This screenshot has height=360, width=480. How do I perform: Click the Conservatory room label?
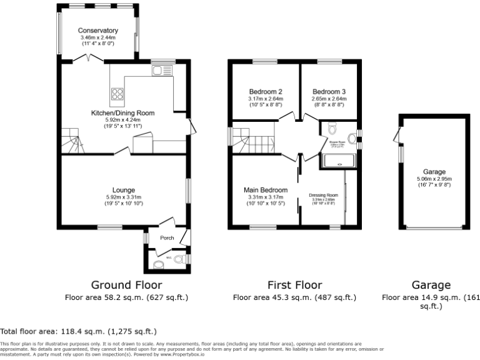click(98, 31)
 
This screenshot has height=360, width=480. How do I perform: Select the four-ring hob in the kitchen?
click(117, 94)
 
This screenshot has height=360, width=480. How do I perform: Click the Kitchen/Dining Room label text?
click(122, 112)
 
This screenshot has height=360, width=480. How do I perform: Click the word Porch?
click(167, 237)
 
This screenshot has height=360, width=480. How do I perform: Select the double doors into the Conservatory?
click(87, 59)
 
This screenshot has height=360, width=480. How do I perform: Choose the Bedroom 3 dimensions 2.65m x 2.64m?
click(329, 99)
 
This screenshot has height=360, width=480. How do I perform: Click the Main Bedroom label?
click(266, 190)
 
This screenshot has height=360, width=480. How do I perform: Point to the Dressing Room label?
click(323, 195)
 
